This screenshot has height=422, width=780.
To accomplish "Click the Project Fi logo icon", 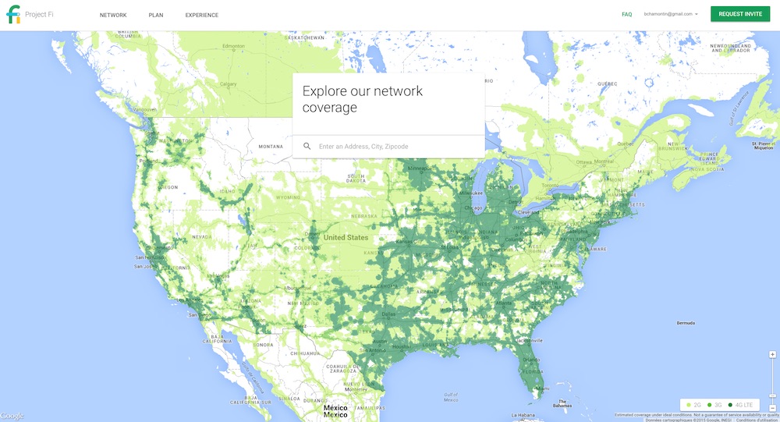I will (x=13, y=15).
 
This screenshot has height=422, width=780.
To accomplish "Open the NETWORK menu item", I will (x=113, y=15).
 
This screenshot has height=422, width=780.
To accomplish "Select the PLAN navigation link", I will (x=156, y=15).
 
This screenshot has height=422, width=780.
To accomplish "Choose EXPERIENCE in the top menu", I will (x=202, y=15).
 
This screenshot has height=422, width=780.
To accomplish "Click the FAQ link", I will (x=626, y=14).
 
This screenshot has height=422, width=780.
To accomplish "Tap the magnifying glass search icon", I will (x=307, y=146).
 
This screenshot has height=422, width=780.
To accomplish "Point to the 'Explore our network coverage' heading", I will (x=363, y=99).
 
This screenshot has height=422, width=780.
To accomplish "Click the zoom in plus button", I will (x=772, y=354).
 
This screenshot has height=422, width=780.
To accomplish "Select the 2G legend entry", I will (x=694, y=405).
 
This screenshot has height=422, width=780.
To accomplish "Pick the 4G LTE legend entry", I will (x=742, y=405).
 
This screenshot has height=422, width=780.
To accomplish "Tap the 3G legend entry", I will (x=715, y=405).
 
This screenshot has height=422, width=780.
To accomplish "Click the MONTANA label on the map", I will (x=271, y=147).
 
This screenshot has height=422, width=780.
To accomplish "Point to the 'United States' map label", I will (x=346, y=237).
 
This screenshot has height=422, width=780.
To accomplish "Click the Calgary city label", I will (x=228, y=83).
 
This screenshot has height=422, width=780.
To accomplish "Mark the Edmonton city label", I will (x=233, y=46).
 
